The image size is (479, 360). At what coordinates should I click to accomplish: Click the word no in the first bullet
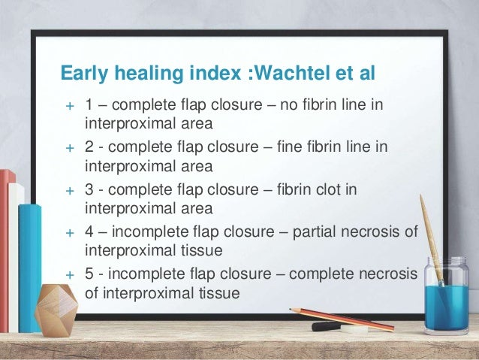click(x=288, y=103)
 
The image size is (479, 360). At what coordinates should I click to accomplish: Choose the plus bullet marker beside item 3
click(x=69, y=191)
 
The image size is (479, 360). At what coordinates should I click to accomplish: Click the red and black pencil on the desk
click(x=342, y=318)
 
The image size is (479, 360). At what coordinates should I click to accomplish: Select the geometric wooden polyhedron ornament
click(x=57, y=310)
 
